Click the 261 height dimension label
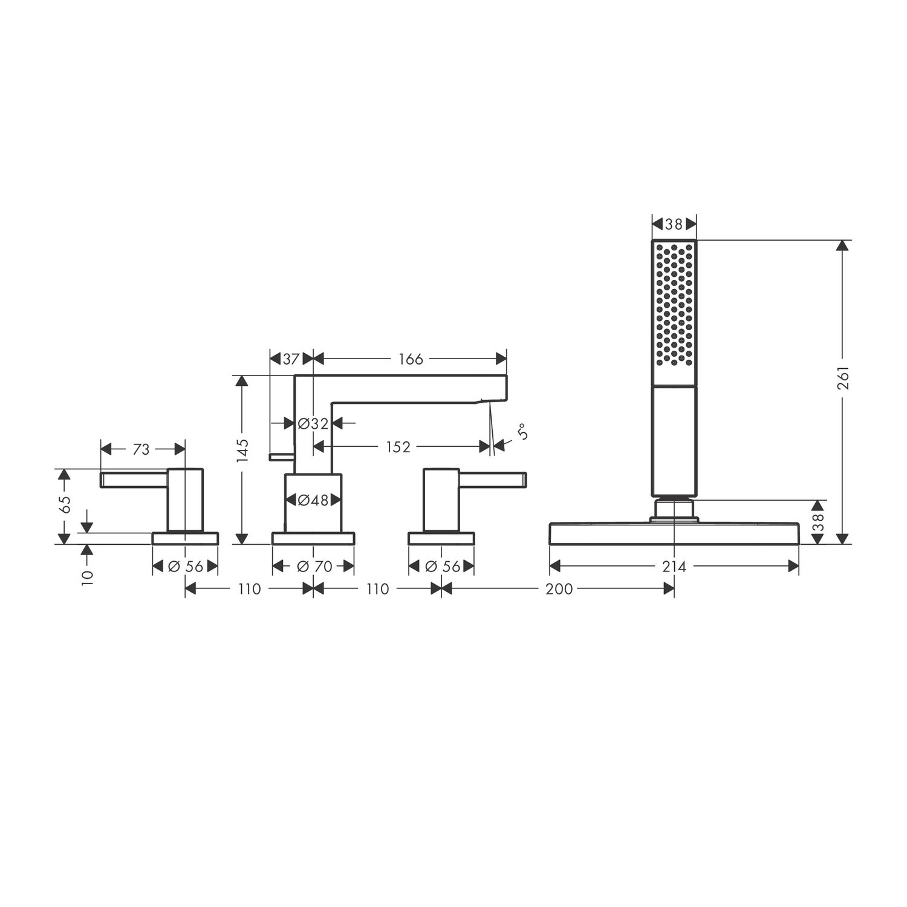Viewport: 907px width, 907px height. click(844, 377)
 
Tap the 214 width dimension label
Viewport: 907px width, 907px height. click(674, 567)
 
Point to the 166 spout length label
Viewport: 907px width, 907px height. click(411, 359)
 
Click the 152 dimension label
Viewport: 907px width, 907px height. click(398, 447)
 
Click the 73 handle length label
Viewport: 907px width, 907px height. click(141, 449)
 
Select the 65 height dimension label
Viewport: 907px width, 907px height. click(65, 504)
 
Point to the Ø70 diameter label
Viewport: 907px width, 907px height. click(315, 567)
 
